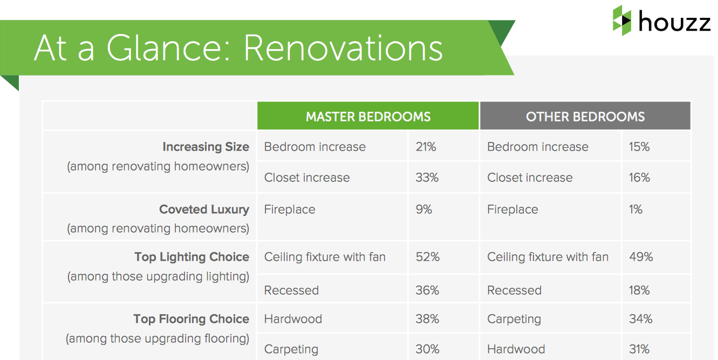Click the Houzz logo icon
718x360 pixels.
[x=622, y=21]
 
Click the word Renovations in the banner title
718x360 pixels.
[x=343, y=48]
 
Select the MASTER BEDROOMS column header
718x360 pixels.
[x=368, y=117]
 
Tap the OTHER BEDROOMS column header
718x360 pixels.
[x=585, y=117]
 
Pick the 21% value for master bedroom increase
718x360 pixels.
[x=426, y=147]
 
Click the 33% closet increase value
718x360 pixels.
[x=427, y=178]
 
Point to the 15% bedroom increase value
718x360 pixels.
[x=639, y=147]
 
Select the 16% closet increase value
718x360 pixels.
[x=639, y=178]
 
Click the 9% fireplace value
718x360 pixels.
[x=424, y=209]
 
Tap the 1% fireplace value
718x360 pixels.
[x=635, y=209]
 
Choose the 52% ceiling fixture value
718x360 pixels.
[x=428, y=257]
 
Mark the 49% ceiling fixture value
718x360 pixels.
[x=641, y=257]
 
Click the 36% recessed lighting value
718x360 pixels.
[x=427, y=290]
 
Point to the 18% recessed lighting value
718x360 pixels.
[x=639, y=290]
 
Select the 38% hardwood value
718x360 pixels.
[x=427, y=318]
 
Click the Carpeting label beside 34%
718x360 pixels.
[x=514, y=320]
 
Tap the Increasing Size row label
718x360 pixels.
[x=206, y=147]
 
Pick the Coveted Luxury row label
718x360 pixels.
[x=204, y=209]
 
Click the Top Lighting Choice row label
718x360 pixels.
[x=192, y=257]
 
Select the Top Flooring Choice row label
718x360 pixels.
[x=191, y=320]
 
